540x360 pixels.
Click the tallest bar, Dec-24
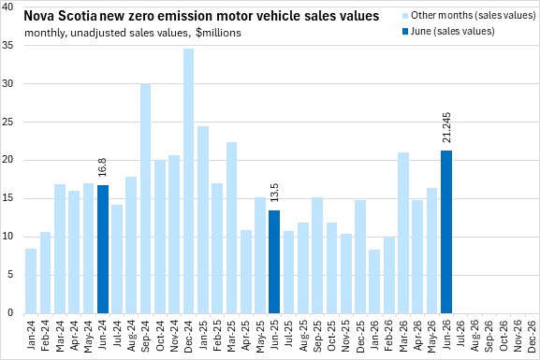[188, 181]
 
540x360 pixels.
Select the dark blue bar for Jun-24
[103, 249]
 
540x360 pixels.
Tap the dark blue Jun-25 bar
[274, 262]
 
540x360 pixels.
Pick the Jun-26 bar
[446, 232]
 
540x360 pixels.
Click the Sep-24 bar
[146, 198]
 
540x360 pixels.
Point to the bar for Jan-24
[31, 281]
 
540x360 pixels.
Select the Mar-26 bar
[403, 233]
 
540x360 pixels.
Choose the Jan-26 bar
[374, 281]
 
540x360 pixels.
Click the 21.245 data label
[446, 127]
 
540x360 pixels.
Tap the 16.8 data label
[103, 167]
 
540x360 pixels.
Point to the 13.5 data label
[274, 193]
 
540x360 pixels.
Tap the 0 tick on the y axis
[9, 313]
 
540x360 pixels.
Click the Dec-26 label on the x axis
[532, 336]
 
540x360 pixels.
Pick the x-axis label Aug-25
[303, 336]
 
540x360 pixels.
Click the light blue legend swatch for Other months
[405, 16]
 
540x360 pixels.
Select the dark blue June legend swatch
[405, 32]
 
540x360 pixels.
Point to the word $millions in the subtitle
[218, 33]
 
